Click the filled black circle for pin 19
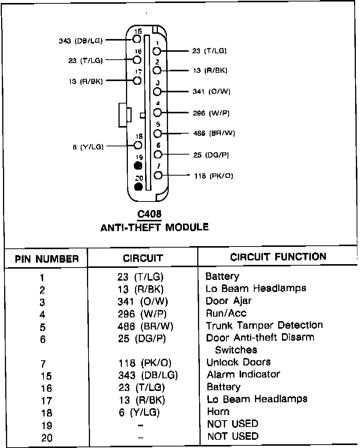tap(138, 165)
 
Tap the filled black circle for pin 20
tap(138, 186)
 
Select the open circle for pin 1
tap(157, 51)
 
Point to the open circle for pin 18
tap(138, 145)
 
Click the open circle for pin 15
tap(136, 39)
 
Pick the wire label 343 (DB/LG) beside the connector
tap(81, 41)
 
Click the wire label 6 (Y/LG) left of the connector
tap(88, 147)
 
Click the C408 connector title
tap(149, 214)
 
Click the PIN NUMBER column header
tap(47, 259)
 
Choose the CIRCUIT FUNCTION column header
tap(278, 257)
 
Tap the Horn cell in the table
tap(218, 411)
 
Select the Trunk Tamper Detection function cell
tap(264, 325)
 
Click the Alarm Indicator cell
tap(243, 374)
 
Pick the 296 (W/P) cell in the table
tap(142, 313)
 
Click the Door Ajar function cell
tap(229, 301)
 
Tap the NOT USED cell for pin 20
tap(232, 436)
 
